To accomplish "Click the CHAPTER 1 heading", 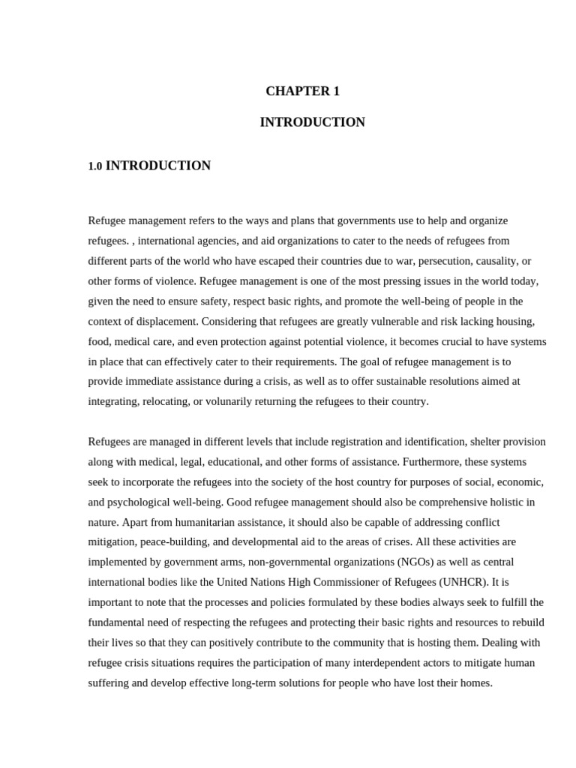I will pyautogui.click(x=302, y=91).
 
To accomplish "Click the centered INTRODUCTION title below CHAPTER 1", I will pyautogui.click(x=312, y=122).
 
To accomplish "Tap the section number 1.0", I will pyautogui.click(x=94, y=166).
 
